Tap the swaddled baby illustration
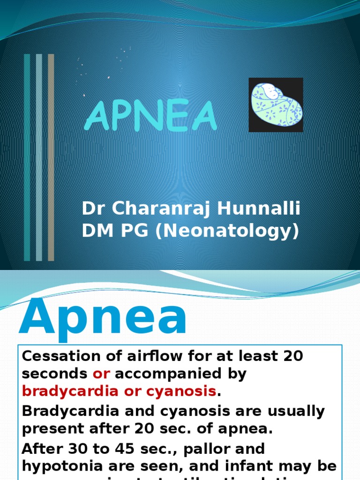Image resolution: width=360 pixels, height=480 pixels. click(276, 105)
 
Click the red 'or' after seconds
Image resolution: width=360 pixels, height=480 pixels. click(101, 374)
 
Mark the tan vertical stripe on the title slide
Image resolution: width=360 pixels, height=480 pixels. click(51, 157)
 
